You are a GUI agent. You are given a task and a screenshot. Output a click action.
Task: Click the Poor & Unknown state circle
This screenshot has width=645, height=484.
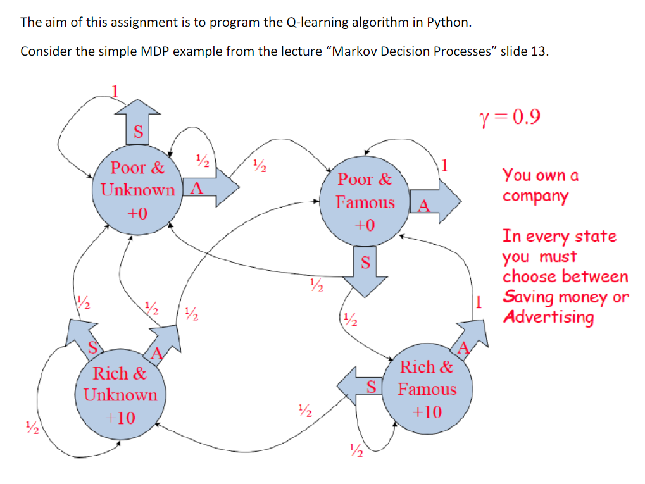(x=137, y=190)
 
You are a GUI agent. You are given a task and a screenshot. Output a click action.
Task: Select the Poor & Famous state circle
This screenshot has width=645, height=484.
(x=365, y=202)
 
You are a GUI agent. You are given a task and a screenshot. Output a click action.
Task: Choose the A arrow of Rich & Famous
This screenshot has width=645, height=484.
(x=468, y=338)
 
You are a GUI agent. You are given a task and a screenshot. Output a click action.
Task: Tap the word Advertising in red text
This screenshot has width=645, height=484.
(x=548, y=317)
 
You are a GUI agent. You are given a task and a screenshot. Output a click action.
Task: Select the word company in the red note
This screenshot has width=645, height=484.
(x=535, y=195)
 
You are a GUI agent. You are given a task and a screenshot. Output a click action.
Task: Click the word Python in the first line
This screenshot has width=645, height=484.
(x=449, y=23)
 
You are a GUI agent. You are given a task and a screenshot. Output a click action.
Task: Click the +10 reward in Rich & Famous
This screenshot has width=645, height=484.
(x=427, y=413)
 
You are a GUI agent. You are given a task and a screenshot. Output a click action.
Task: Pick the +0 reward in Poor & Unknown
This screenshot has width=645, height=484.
(x=137, y=213)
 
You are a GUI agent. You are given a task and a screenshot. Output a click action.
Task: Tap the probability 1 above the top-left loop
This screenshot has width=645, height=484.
(x=115, y=90)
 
